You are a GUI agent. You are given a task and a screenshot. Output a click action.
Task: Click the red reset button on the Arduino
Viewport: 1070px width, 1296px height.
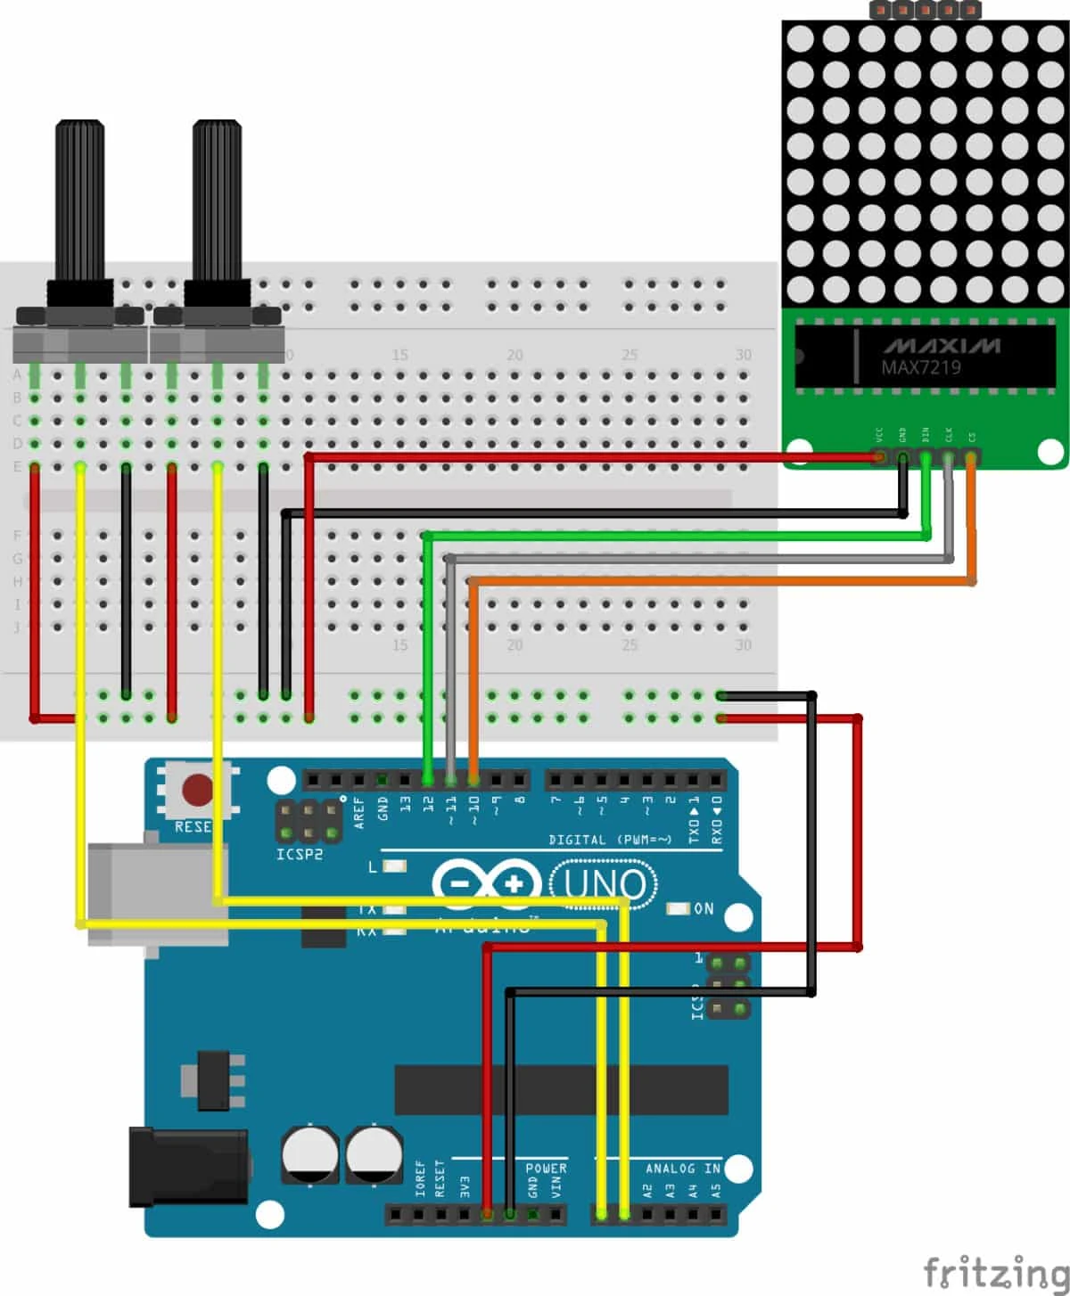(197, 789)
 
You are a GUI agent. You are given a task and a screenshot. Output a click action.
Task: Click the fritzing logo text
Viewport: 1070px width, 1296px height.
(995, 1273)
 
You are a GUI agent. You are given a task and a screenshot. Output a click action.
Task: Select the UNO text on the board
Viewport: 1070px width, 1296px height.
(605, 885)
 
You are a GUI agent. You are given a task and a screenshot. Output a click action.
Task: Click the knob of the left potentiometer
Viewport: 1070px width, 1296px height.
(80, 201)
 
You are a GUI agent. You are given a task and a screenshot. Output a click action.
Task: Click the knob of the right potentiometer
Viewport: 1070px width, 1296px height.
(217, 201)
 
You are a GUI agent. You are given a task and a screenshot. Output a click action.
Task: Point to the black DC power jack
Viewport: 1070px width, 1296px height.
(187, 1167)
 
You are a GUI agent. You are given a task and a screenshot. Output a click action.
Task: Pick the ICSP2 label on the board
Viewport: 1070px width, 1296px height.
(300, 855)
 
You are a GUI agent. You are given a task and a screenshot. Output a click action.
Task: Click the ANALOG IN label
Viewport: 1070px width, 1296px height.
(683, 1168)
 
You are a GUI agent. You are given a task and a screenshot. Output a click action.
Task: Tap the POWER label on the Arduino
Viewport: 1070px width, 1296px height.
(546, 1168)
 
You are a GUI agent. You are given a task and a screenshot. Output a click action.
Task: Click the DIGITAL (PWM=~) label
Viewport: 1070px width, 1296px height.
(611, 840)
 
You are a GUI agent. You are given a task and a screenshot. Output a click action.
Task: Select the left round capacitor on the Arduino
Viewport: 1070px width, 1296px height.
(310, 1155)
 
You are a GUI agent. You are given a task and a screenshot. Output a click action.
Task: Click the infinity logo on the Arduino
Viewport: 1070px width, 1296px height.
(487, 884)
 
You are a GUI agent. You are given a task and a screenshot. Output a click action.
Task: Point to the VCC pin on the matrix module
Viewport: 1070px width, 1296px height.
(880, 456)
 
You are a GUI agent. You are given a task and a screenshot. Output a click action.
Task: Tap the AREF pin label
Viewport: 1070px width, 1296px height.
(359, 812)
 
